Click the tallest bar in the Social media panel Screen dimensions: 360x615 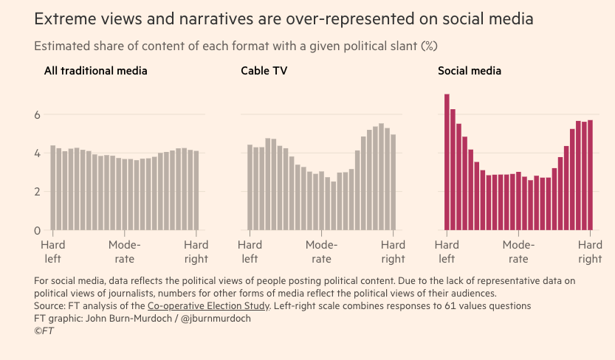tap(447, 162)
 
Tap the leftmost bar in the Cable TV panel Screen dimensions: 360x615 tap(250, 187)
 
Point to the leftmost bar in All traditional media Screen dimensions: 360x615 tap(53, 187)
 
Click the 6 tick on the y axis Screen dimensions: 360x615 tap(37, 115)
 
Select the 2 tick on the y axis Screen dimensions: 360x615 tap(37, 192)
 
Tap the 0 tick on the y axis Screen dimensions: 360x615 tap(37, 230)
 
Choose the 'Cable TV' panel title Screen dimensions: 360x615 tap(264, 71)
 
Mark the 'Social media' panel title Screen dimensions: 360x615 tap(470, 71)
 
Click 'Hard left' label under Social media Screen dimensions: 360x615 tap(447, 252)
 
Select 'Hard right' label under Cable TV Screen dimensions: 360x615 tap(393, 252)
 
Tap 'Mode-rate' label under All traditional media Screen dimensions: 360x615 tap(124, 252)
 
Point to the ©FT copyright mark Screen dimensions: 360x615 tap(44, 331)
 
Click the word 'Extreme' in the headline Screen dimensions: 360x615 tap(66, 18)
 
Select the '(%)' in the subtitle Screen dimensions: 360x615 tap(429, 46)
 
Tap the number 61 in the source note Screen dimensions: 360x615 tap(450, 305)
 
